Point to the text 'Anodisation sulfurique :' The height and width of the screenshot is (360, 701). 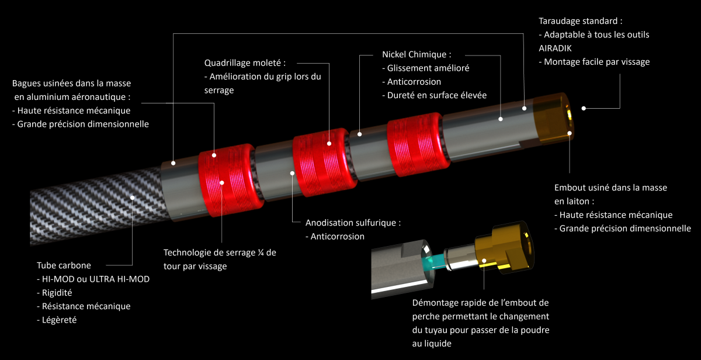coord(353,223)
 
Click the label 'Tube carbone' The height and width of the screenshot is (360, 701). coord(64,265)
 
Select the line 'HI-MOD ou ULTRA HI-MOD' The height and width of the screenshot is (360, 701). coord(95,279)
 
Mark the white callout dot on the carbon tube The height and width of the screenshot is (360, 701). coord(133,198)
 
